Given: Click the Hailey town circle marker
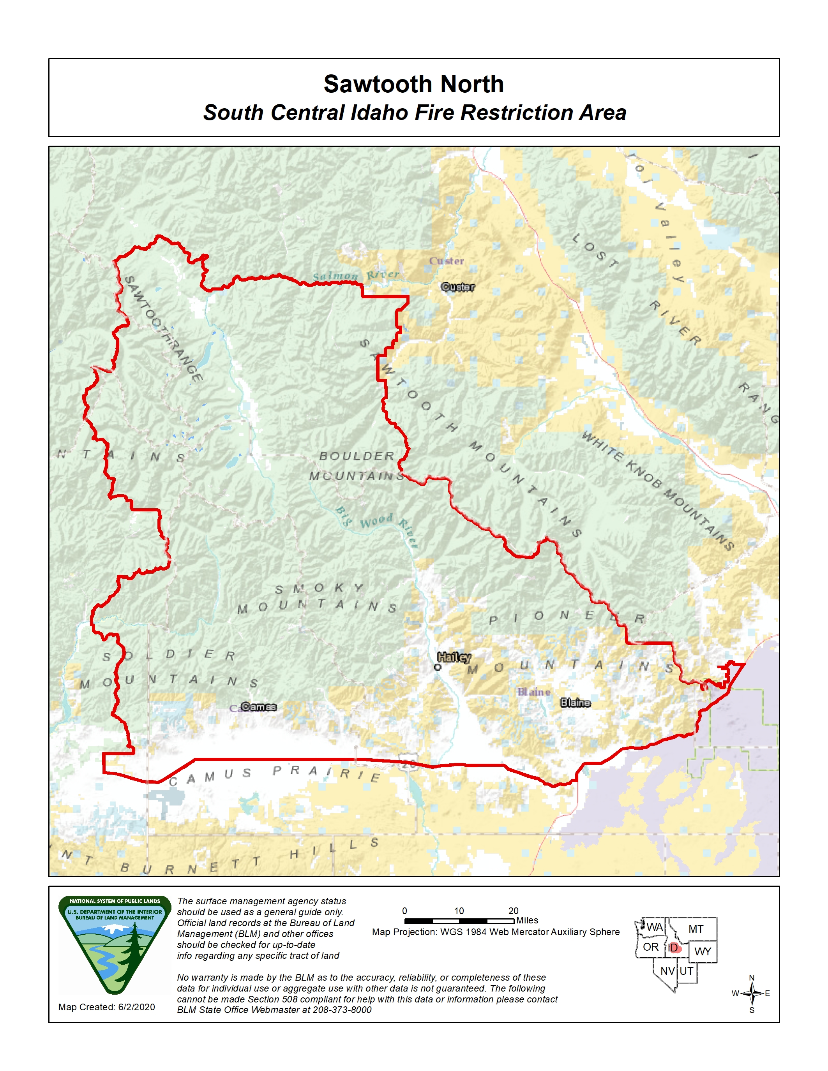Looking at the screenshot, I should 438,667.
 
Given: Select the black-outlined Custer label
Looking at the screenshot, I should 458,287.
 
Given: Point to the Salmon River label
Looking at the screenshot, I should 356,276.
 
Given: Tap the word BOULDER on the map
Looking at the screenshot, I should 357,456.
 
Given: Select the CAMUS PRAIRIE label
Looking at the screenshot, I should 275,774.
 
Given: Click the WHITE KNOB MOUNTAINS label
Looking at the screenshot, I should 657,490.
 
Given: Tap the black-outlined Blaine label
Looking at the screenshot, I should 576,703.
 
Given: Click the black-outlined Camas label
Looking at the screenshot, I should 258,706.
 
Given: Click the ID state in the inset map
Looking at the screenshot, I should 673,948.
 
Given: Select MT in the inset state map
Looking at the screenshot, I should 696,929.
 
